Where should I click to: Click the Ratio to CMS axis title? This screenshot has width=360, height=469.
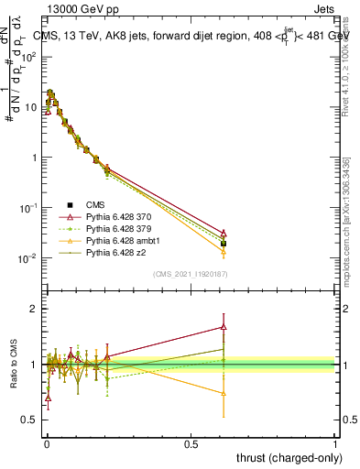tap(15, 365)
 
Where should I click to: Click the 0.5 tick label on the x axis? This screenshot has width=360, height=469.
tap(190, 443)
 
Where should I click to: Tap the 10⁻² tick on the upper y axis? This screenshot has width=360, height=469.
tap(29, 258)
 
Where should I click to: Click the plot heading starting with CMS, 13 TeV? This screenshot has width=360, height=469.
tap(187, 36)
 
